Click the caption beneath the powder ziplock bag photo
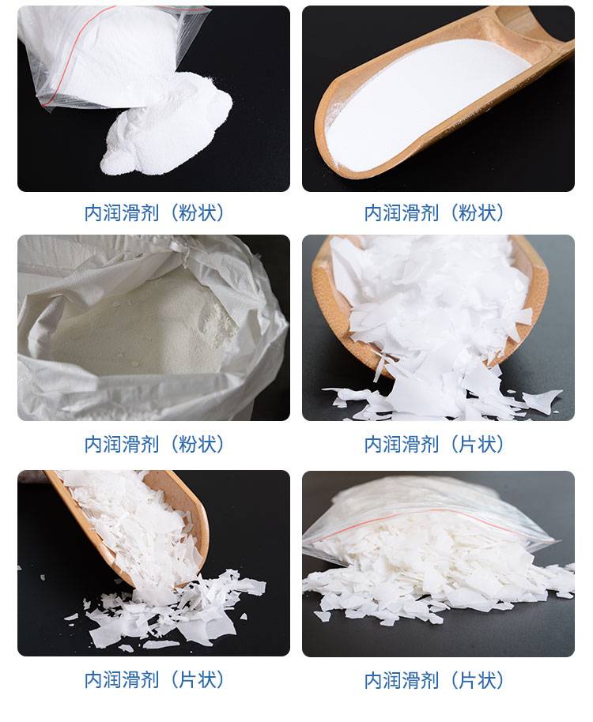154,213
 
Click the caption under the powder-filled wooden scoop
434,213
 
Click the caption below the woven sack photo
154,445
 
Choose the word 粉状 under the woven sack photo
198,445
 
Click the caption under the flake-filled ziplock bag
434,680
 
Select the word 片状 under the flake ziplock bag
478,680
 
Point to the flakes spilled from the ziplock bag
438,589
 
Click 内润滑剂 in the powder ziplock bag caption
122,213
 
